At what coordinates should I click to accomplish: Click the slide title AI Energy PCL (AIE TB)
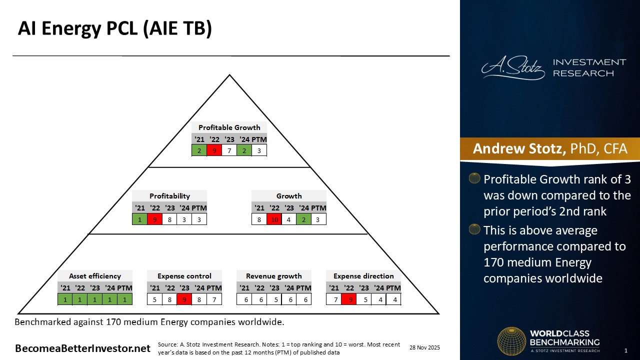(115, 28)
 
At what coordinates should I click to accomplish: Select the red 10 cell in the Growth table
(274, 219)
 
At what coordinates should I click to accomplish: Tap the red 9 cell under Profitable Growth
(214, 150)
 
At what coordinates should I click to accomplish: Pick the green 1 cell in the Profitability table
(139, 219)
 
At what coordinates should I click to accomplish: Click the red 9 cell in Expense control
(184, 299)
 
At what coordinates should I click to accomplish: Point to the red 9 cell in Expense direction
(349, 299)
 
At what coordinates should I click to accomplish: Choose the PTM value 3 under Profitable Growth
(259, 150)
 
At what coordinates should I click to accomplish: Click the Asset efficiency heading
(95, 276)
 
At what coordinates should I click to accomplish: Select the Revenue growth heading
(273, 276)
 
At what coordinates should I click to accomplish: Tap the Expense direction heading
(363, 276)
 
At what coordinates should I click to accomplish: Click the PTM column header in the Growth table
(318, 208)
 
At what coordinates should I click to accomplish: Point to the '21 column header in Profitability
(139, 208)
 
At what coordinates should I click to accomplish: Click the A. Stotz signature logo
(513, 67)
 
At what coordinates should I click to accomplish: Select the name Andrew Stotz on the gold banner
(519, 148)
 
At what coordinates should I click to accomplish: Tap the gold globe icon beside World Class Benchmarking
(511, 341)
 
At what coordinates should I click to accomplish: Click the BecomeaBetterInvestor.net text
(82, 348)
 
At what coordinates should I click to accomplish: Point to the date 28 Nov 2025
(424, 347)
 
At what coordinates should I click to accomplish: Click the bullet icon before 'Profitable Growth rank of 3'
(474, 178)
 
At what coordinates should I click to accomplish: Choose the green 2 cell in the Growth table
(303, 219)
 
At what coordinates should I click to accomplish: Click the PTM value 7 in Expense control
(214, 299)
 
